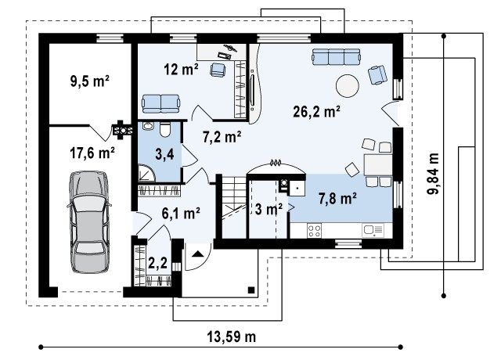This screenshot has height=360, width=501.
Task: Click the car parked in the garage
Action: [89, 222]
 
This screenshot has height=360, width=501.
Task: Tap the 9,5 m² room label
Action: [90, 81]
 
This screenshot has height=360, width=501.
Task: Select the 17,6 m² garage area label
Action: [92, 153]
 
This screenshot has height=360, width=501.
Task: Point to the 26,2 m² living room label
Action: [316, 111]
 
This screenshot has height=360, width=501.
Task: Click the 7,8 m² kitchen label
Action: [337, 198]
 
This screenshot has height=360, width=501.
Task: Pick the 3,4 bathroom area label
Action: [164, 154]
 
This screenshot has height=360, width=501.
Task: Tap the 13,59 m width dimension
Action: [232, 337]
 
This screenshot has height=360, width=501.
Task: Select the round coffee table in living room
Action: [348, 85]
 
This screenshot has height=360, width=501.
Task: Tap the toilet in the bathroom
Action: [165, 130]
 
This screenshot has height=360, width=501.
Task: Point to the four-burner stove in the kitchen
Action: [314, 231]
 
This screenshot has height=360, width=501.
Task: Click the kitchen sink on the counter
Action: [373, 230]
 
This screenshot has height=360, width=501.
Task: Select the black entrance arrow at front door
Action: [198, 254]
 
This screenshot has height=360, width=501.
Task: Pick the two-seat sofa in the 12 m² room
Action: [160, 103]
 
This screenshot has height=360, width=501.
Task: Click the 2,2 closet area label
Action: [158, 263]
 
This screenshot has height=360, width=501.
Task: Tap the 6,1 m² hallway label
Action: [181, 213]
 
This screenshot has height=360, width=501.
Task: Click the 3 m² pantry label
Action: [269, 209]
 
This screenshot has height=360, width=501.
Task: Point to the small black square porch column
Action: [251, 290]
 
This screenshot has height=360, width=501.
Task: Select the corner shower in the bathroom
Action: [146, 173]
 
